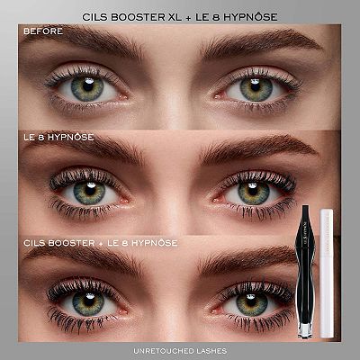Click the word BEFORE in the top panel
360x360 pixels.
(x=43, y=31)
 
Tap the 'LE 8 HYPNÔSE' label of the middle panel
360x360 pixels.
(x=58, y=138)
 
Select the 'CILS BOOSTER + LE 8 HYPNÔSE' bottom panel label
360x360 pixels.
(x=101, y=243)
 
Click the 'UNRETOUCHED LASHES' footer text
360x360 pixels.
(x=180, y=351)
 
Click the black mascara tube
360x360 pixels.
(x=305, y=272)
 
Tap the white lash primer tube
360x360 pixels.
(x=327, y=273)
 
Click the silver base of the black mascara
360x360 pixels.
(x=305, y=331)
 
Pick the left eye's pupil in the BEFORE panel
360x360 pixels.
(x=88, y=86)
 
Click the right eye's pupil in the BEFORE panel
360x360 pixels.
(x=256, y=87)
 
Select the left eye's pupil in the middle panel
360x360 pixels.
(x=90, y=190)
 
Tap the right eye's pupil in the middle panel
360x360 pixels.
(x=253, y=191)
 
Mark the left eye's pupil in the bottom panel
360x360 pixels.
(x=88, y=300)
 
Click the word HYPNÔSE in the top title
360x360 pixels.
(x=250, y=17)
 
